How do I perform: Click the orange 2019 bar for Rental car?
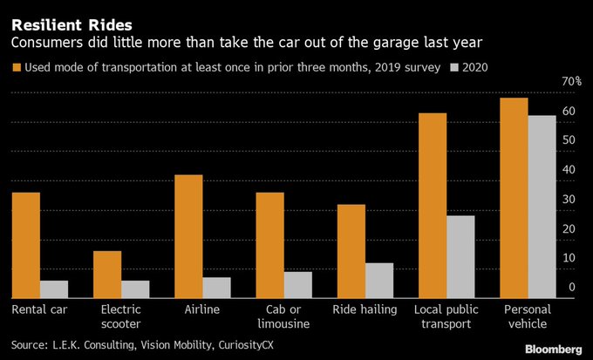pyautogui.click(x=25, y=245)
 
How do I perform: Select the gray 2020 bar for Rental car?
pyautogui.click(x=53, y=289)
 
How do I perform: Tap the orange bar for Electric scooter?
pyautogui.click(x=107, y=274)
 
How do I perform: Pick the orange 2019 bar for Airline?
pyautogui.click(x=188, y=236)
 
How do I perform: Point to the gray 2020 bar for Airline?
pyautogui.click(x=216, y=288)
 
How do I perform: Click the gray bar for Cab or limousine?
pyautogui.click(x=298, y=284)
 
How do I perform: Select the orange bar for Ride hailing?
pyautogui.click(x=351, y=251)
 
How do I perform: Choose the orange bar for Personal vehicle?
pyautogui.click(x=514, y=197)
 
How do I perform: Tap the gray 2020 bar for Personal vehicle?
pyautogui.click(x=542, y=206)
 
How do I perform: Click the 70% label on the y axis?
pyautogui.click(x=571, y=81)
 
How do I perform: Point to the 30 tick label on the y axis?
pyautogui.click(x=570, y=200)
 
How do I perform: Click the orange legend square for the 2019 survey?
pyautogui.click(x=16, y=67)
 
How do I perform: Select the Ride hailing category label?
pyautogui.click(x=365, y=309)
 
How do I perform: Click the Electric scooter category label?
pyautogui.click(x=120, y=316)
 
